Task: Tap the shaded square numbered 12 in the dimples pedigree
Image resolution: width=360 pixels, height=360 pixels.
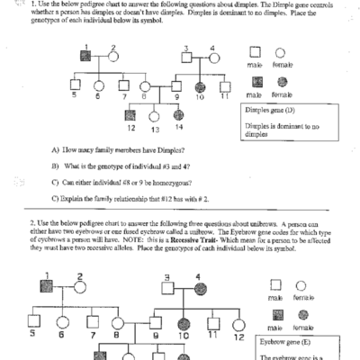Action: [130, 114]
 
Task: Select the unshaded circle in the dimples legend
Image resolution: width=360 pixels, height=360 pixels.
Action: [281, 53]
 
